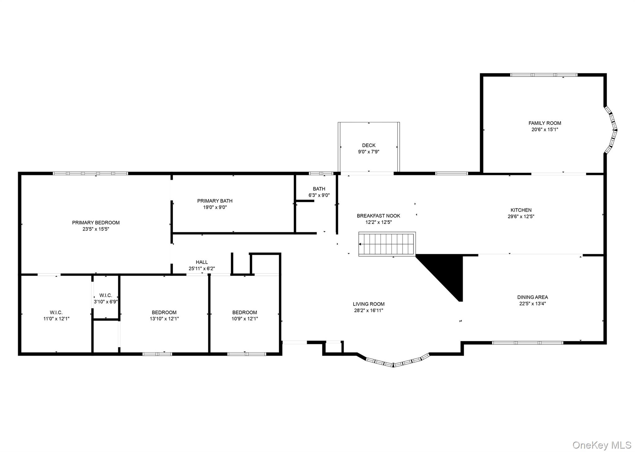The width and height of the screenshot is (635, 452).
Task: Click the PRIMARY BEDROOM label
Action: pos(96,223)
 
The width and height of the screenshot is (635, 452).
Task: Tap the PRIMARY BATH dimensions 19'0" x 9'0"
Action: pos(215,207)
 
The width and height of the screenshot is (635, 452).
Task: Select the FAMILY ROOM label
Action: pos(545,123)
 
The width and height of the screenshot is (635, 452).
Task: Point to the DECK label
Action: pos(369,145)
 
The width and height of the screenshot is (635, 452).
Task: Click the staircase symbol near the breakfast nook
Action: pos(387,244)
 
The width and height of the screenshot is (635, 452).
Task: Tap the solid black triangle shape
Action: pos(446,273)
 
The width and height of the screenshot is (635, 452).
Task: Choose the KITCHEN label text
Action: pos(521,210)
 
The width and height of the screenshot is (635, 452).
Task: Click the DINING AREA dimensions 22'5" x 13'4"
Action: pos(532,304)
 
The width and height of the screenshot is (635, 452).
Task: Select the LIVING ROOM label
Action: pos(369,304)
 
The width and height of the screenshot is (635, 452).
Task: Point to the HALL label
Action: pos(202,262)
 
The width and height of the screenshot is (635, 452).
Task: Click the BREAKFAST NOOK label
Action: pos(378,216)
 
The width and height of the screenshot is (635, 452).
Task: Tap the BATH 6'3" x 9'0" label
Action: pos(319,192)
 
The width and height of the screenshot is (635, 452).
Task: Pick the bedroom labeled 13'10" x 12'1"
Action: pos(164,315)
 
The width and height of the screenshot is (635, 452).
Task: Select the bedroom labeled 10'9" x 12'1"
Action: pos(245,315)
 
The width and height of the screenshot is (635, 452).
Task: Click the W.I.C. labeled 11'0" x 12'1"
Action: pos(56,315)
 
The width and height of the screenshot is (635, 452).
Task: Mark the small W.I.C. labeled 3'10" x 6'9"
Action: pos(106,298)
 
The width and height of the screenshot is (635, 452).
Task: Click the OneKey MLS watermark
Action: pos(602,445)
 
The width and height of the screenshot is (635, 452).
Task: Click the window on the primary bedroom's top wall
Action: pos(90,173)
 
